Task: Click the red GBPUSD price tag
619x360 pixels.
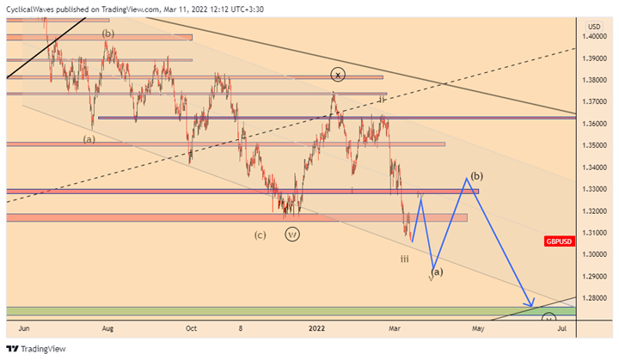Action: pyautogui.click(x=559, y=241)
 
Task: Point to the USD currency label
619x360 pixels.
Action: pyautogui.click(x=593, y=26)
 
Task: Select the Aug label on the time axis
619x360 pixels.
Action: pyautogui.click(x=107, y=327)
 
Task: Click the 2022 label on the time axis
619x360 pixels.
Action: pyautogui.click(x=317, y=327)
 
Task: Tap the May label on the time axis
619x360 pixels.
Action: pyautogui.click(x=477, y=327)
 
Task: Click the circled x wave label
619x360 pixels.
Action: pyautogui.click(x=338, y=76)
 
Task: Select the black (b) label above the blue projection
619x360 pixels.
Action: pyautogui.click(x=477, y=175)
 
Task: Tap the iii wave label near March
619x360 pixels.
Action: pyautogui.click(x=405, y=258)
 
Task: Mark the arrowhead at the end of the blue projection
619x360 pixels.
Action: pyautogui.click(x=533, y=304)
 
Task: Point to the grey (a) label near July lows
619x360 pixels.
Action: pyautogui.click(x=89, y=137)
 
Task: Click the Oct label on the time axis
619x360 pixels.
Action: pyautogui.click(x=191, y=327)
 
